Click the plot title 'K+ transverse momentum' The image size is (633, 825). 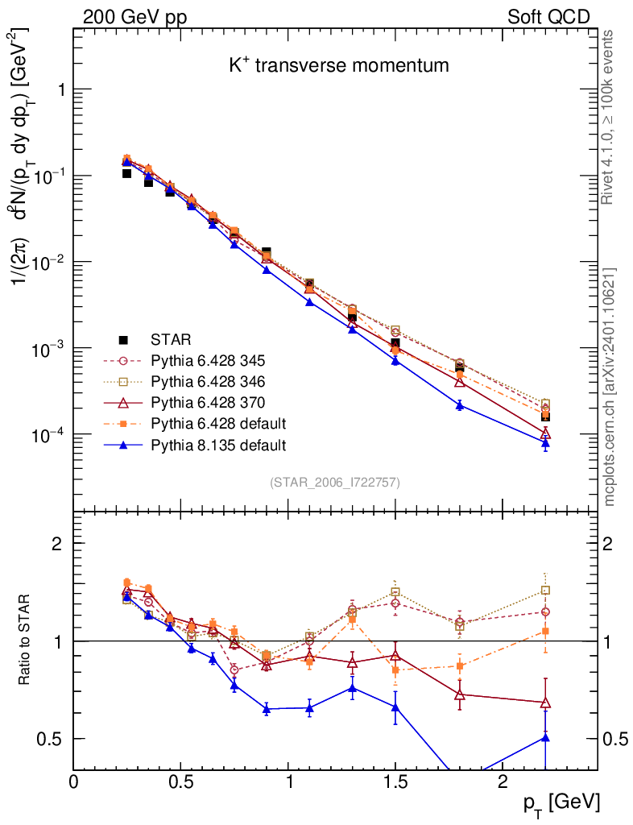coord(338,66)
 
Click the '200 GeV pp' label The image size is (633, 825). coord(134,16)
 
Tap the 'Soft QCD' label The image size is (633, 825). coord(548,16)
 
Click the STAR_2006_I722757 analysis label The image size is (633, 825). coord(334,482)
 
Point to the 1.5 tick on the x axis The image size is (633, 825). coord(395,782)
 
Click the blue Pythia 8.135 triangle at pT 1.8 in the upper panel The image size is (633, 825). coord(460,404)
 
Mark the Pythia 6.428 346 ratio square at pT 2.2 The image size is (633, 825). coord(545,591)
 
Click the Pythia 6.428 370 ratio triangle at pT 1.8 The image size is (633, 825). coord(460,694)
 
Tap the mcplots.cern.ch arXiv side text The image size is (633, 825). coord(610,387)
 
